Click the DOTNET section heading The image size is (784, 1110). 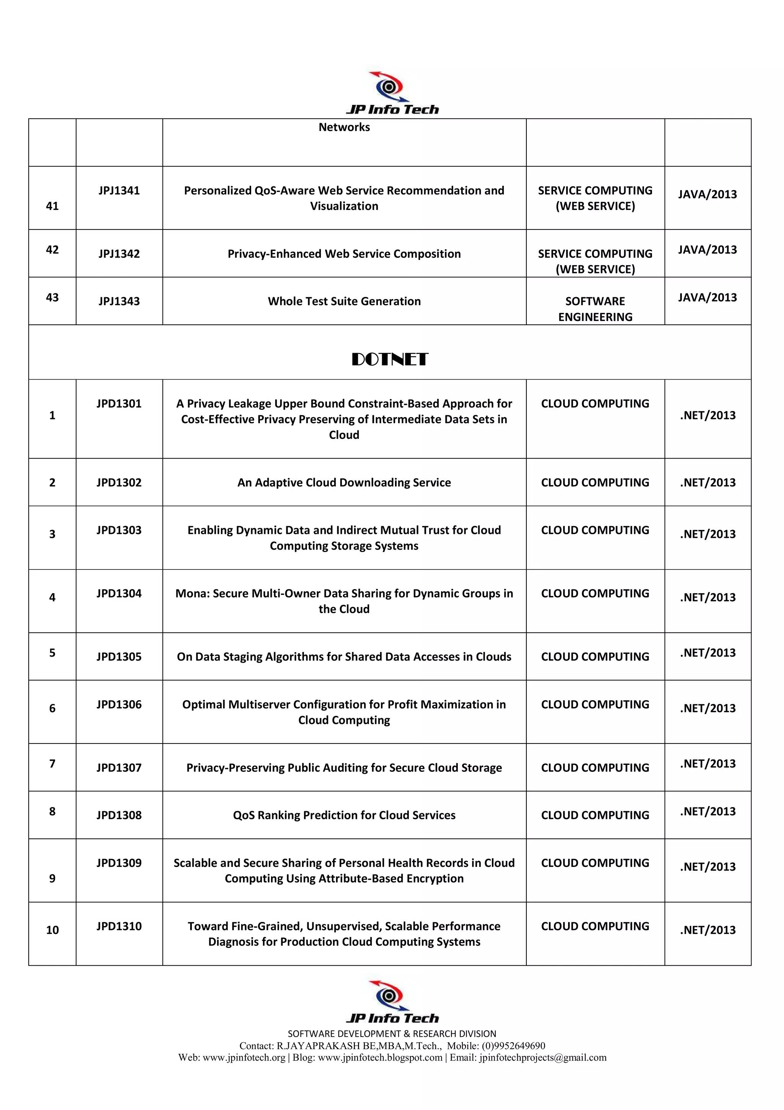[389, 359]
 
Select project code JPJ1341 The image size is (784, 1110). [119, 190]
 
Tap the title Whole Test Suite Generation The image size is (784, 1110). [344, 301]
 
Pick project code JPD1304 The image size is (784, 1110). [119, 593]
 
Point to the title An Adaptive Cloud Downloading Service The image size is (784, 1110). [344, 483]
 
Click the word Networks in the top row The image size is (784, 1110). [344, 127]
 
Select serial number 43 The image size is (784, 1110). [52, 297]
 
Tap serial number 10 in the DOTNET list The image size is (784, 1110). [52, 930]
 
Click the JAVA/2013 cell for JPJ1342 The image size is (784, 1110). [707, 249]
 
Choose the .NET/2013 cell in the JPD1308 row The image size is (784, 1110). [707, 811]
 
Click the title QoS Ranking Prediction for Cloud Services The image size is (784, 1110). [344, 815]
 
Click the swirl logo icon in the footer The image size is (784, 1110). [389, 995]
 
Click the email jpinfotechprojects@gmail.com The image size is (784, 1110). [542, 1057]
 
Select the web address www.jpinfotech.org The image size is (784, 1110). [244, 1057]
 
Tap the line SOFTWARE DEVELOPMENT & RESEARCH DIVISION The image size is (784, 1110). [392, 1034]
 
